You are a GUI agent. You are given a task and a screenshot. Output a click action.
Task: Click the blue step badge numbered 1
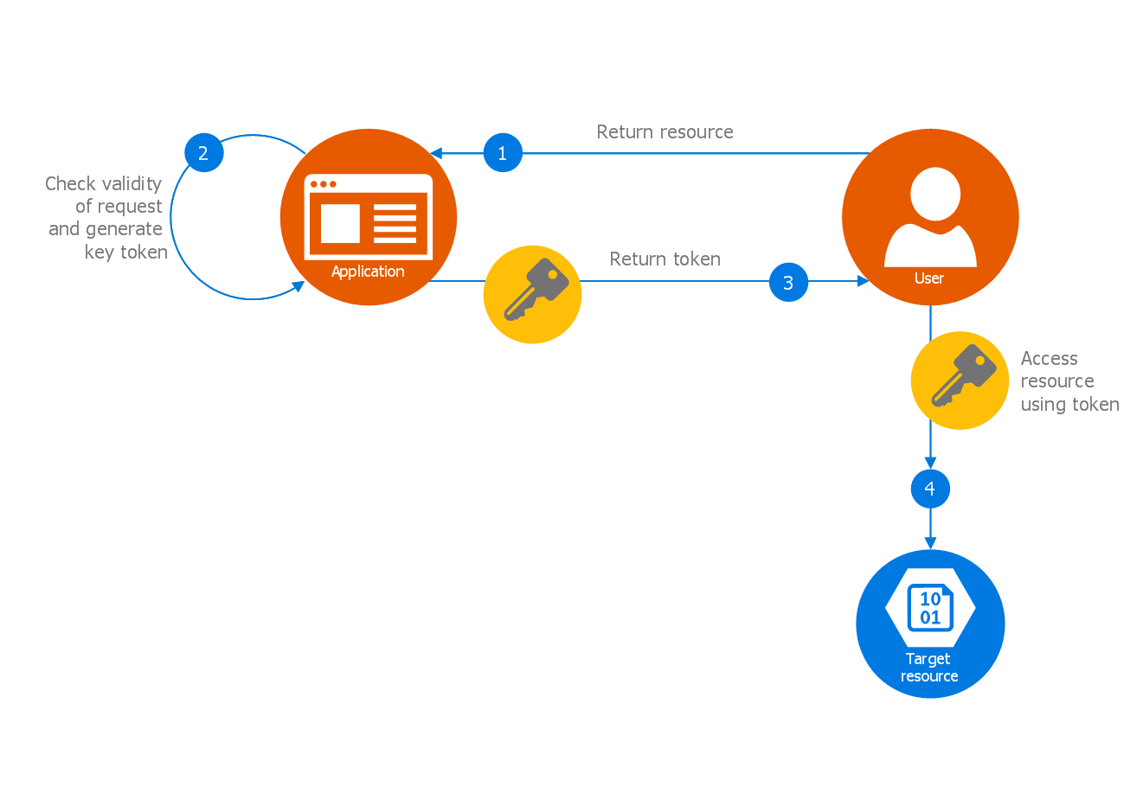(503, 153)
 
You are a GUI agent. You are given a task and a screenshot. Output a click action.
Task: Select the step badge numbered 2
(203, 153)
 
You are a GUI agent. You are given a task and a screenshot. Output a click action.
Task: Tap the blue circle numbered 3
(788, 282)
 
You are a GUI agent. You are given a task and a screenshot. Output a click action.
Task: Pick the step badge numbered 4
(930, 489)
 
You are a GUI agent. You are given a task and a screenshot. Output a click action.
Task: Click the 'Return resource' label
(665, 132)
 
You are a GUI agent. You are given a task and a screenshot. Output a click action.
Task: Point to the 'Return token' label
(665, 259)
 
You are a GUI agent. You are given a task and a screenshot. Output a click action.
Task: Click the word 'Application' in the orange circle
(368, 272)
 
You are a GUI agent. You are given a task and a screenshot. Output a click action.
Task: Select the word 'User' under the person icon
(929, 278)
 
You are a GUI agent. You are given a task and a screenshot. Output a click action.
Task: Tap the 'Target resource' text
(929, 668)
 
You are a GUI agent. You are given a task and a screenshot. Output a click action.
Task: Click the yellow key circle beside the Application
(532, 294)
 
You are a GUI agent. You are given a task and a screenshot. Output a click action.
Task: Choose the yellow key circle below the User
(960, 381)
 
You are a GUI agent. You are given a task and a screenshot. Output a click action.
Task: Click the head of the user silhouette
(935, 194)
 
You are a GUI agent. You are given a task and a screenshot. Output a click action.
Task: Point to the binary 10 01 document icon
(930, 608)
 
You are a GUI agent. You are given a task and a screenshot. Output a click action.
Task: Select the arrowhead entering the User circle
(863, 281)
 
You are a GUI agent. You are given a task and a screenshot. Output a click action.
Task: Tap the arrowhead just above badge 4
(930, 464)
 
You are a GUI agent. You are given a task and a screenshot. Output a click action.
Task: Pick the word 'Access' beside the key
(1049, 359)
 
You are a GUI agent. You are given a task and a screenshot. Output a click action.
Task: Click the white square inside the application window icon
(340, 223)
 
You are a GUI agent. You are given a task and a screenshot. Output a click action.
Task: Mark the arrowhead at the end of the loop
(299, 286)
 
